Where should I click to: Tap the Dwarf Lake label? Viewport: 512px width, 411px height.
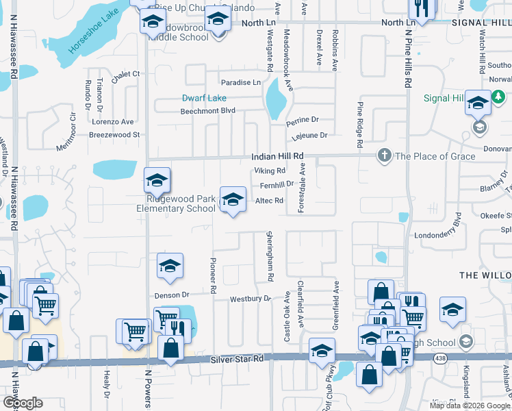click(204, 98)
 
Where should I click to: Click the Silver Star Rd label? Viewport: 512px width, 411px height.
click(237, 359)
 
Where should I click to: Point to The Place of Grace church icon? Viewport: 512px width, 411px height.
click(385, 156)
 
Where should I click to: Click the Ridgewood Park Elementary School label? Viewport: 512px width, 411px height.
click(176, 203)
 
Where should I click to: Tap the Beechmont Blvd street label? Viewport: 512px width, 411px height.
click(207, 111)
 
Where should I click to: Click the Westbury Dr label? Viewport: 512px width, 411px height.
click(250, 299)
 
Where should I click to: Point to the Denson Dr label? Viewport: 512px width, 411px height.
click(171, 295)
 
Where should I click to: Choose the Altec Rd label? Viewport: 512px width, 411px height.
click(269, 201)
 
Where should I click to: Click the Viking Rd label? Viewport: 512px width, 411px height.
click(269, 171)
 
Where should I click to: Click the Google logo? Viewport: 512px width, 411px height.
click(23, 403)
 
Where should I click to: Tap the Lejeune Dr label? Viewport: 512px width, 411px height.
click(309, 136)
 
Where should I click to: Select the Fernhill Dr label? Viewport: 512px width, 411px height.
click(277, 184)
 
